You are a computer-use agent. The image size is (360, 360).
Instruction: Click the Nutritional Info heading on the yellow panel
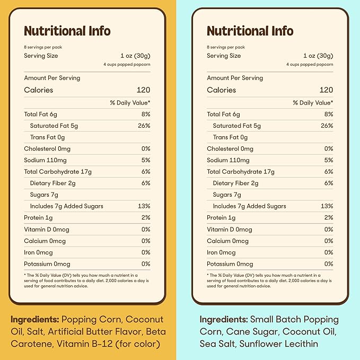click(x=67, y=31)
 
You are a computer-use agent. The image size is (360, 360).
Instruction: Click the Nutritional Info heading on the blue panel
click(x=250, y=31)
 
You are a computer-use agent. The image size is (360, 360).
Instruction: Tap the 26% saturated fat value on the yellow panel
click(x=144, y=126)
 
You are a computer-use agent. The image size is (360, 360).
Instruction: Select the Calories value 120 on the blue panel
click(x=326, y=90)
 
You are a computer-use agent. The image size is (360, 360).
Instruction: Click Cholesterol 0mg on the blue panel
click(x=230, y=149)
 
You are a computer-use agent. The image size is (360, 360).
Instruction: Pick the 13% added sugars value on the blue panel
click(x=327, y=206)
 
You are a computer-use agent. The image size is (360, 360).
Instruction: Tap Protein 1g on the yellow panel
click(x=38, y=218)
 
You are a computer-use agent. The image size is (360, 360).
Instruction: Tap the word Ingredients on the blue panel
click(x=223, y=320)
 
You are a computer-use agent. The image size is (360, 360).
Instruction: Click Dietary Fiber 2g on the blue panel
click(x=235, y=183)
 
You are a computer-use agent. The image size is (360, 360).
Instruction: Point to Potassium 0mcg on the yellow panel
click(x=47, y=264)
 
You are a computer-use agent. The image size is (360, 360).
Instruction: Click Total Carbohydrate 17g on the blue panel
click(x=241, y=172)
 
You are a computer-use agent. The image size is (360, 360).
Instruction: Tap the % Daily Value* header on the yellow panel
click(x=130, y=103)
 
